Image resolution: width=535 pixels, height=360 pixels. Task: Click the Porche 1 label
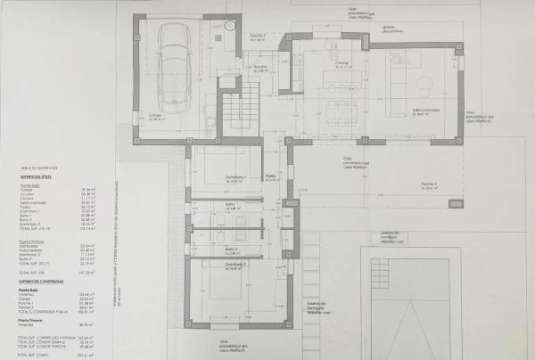259,37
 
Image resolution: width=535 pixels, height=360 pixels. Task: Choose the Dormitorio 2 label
235,265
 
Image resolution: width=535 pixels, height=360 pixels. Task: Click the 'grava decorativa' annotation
389,28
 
